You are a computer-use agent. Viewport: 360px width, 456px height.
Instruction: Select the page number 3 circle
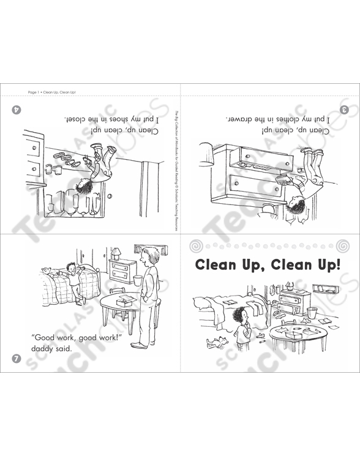coord(344,110)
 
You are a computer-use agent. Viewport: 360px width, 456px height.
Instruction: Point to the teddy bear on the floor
coord(214,340)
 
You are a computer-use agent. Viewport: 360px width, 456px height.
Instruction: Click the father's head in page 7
coord(143,252)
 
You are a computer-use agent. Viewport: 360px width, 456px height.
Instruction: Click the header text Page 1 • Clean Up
coord(51,92)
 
